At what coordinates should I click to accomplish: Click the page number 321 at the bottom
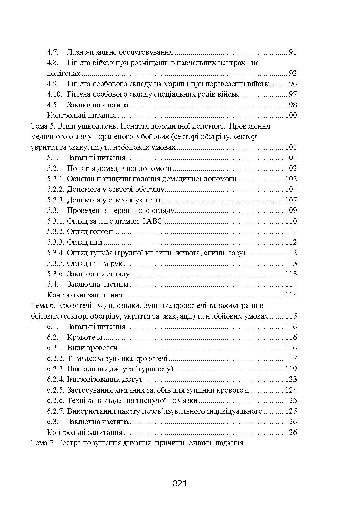[180, 483]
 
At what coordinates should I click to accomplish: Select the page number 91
[293, 52]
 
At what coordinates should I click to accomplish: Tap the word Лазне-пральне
[86, 52]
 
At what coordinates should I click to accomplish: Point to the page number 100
[291, 116]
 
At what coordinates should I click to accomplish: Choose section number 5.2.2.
[56, 189]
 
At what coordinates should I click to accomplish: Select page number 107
[291, 200]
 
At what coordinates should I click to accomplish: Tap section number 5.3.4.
[56, 253]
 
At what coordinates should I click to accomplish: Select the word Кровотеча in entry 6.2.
[84, 337]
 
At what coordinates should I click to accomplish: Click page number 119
[291, 369]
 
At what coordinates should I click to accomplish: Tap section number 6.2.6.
[56, 400]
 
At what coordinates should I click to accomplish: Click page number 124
[291, 390]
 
